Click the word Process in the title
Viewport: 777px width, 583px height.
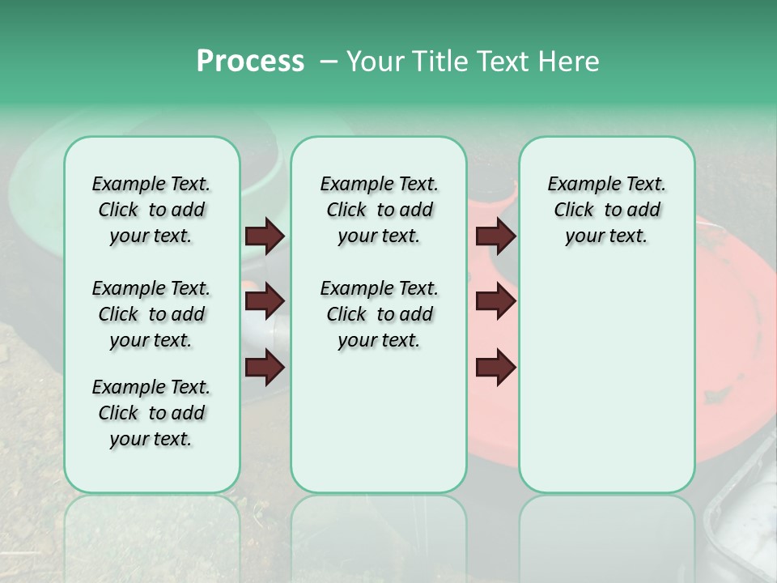(x=250, y=62)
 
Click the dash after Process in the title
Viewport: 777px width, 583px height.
(x=329, y=62)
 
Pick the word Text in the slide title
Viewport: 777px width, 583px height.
(x=499, y=62)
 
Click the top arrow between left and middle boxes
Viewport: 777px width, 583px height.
(x=265, y=236)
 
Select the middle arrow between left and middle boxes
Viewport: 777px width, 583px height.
(x=265, y=302)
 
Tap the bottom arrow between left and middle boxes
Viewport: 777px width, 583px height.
(x=265, y=368)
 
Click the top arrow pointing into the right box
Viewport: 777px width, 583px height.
(x=495, y=236)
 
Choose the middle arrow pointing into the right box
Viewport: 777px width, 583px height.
(x=495, y=302)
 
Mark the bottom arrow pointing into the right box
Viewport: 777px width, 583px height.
(x=495, y=368)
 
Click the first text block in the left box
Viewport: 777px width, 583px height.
(x=151, y=210)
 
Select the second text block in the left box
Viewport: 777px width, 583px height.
(x=151, y=314)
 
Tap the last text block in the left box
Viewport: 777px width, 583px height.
(x=151, y=413)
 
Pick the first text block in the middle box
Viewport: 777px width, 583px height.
(x=379, y=210)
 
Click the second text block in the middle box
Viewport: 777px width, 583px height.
(x=379, y=314)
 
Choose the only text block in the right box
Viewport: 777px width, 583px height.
(x=606, y=210)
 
